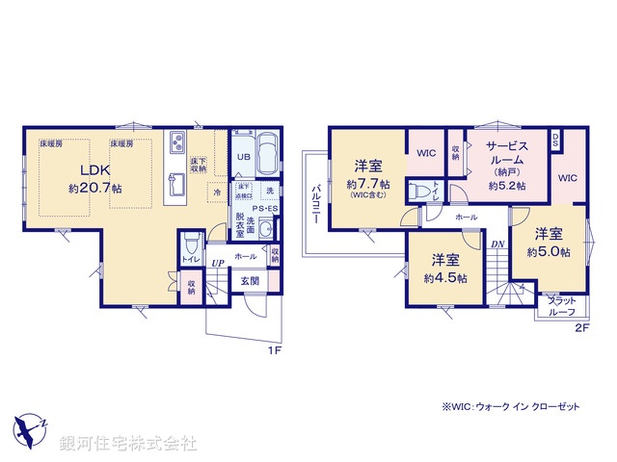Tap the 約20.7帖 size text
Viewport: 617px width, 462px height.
pyautogui.click(x=94, y=189)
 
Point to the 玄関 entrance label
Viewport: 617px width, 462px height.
pyautogui.click(x=250, y=280)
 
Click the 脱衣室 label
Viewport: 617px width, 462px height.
pyautogui.click(x=240, y=230)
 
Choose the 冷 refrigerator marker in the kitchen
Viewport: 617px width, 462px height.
pyautogui.click(x=216, y=191)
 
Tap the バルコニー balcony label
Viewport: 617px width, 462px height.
pyautogui.click(x=315, y=205)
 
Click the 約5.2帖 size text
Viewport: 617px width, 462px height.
pyautogui.click(x=506, y=185)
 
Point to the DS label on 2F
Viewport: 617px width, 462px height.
pyautogui.click(x=555, y=138)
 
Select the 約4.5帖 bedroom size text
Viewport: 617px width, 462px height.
pyautogui.click(x=449, y=278)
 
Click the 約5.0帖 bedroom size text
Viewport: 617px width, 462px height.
pyautogui.click(x=549, y=252)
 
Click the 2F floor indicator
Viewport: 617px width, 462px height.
pyautogui.click(x=580, y=327)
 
